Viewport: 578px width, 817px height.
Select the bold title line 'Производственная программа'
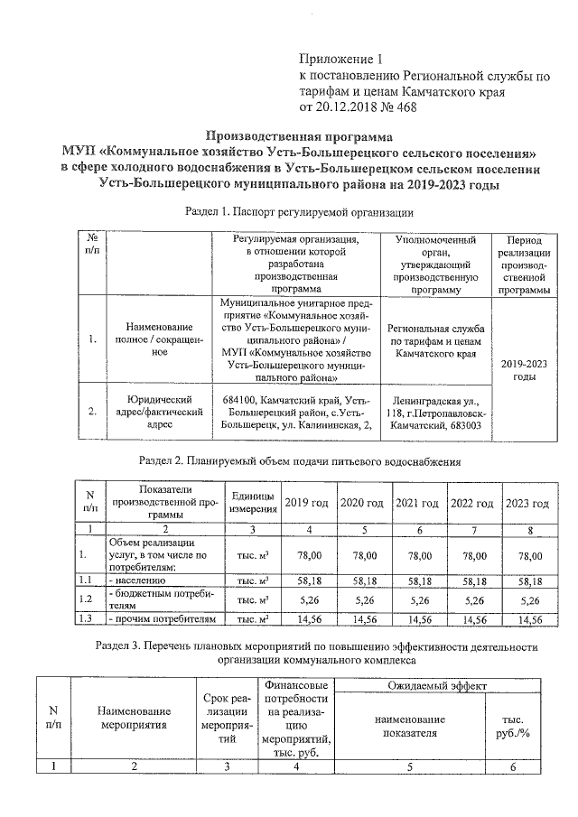point(299,135)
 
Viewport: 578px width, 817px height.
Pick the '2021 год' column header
point(418,503)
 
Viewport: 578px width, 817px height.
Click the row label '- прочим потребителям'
point(163,619)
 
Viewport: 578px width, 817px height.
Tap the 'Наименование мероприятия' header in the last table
point(134,725)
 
